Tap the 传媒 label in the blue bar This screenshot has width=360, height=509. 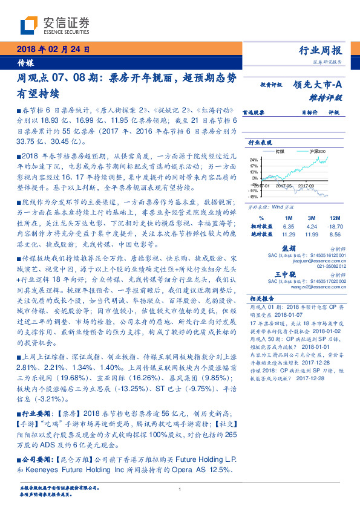point(25,62)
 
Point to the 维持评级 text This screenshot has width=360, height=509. point(326,97)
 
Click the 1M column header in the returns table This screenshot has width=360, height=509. point(288,217)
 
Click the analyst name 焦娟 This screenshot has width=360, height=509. point(289,248)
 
